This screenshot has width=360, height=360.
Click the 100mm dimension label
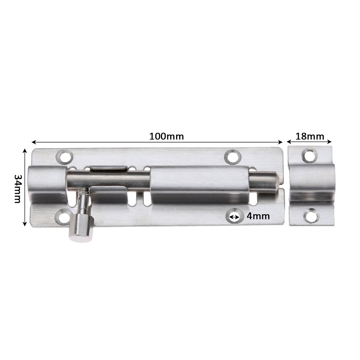pyautogui.click(x=166, y=136)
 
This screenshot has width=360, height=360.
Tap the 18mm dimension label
pyautogui.click(x=310, y=136)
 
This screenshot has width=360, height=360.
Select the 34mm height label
pyautogui.click(x=17, y=189)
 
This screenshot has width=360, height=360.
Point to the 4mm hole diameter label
pyautogui.click(x=258, y=216)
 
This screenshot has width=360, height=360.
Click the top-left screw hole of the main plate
pyautogui.click(x=64, y=157)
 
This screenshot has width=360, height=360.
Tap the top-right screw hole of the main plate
pyautogui.click(x=233, y=157)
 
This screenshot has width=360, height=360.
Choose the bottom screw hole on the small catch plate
pyautogui.click(x=310, y=216)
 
